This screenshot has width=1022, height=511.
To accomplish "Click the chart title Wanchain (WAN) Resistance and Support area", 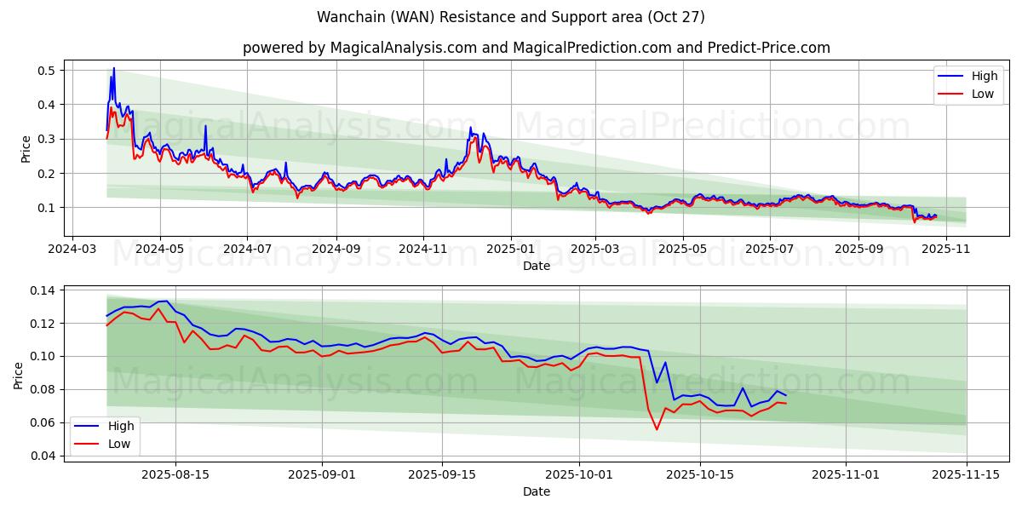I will point(510,17).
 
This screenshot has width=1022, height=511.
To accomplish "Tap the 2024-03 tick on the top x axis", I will point(72,249).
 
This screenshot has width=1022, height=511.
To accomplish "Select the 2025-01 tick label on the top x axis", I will point(511,249).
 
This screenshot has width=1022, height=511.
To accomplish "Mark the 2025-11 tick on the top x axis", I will point(945,249).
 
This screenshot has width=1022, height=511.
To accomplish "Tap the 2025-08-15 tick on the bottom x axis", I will point(175,474).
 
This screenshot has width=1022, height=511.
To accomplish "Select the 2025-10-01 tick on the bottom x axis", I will point(579,474).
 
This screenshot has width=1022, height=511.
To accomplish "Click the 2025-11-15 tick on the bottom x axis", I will point(967,474).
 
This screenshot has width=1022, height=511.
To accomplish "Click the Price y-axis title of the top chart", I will point(26,148).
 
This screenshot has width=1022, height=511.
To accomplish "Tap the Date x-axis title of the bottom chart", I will point(536,491).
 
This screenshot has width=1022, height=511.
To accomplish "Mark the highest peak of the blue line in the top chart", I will point(113,68).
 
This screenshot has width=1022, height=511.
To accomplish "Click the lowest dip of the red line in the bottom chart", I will point(657,429).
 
